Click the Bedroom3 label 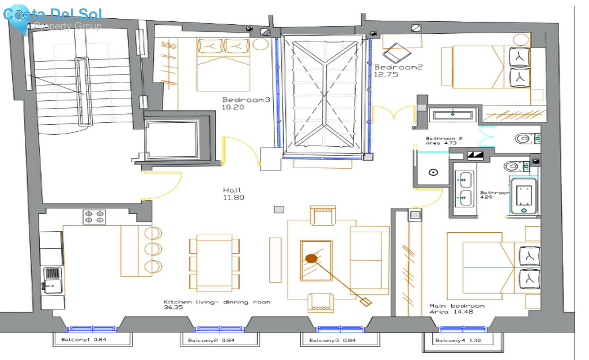tap(246, 100)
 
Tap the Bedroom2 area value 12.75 tap(386, 75)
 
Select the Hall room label tap(232, 190)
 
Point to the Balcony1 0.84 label tap(84, 340)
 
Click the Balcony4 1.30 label tap(458, 341)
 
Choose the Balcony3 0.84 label tap(332, 341)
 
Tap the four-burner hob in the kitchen tap(94, 217)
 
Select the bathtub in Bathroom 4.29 tap(524, 196)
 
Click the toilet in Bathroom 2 tap(524, 139)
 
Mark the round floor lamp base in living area tap(311, 259)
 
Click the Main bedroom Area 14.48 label tap(456, 309)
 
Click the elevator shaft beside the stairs tap(172, 139)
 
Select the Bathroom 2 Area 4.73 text tap(444, 141)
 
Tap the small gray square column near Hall tap(279, 209)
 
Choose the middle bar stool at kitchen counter tap(153, 249)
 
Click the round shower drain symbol tap(433, 172)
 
